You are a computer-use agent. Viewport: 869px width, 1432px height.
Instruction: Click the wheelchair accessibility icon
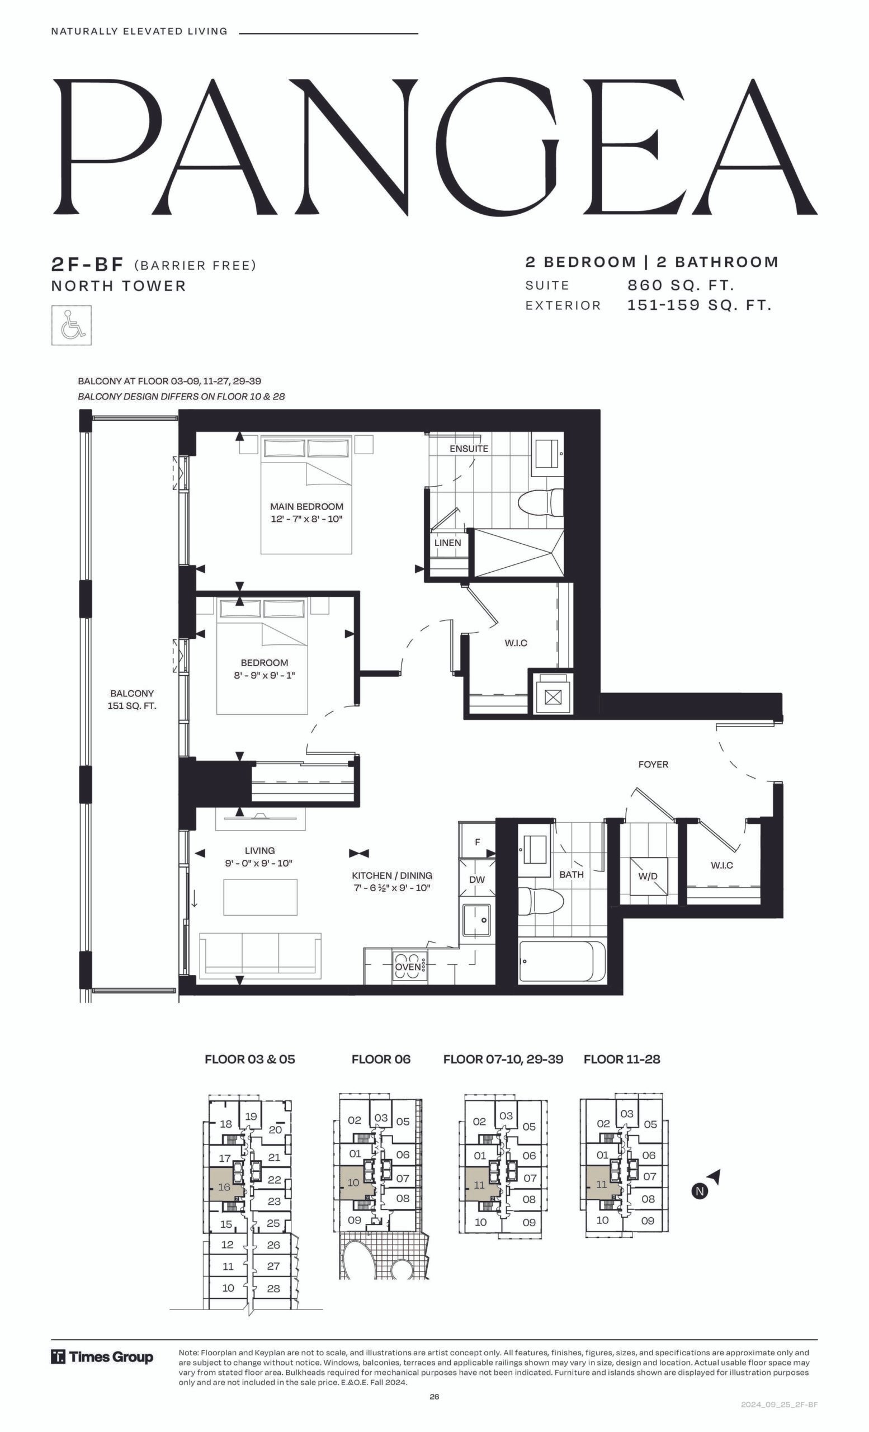click(72, 325)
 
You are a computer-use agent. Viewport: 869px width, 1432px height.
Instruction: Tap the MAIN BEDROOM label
click(306, 506)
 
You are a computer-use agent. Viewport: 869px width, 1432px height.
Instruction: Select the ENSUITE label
click(469, 449)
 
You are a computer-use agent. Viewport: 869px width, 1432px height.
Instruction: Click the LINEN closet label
click(448, 543)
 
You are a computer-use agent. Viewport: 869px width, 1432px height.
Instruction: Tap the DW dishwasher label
click(477, 879)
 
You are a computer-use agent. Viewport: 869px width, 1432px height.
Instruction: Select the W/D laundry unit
click(648, 876)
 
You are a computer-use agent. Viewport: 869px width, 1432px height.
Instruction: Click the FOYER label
click(653, 764)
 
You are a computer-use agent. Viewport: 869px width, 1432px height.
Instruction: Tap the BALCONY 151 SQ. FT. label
click(132, 700)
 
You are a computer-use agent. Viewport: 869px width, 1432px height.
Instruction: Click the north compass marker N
click(701, 1191)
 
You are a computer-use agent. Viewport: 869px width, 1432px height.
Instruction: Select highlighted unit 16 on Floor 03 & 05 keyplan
click(224, 1186)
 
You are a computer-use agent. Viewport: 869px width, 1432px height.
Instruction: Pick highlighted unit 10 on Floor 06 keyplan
click(353, 1182)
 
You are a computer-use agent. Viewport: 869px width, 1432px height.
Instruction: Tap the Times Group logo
click(102, 1357)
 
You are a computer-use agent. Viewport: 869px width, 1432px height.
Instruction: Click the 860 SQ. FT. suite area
click(681, 285)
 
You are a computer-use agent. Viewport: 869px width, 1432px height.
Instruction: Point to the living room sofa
click(260, 955)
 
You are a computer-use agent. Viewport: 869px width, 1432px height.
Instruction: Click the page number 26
click(434, 1397)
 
